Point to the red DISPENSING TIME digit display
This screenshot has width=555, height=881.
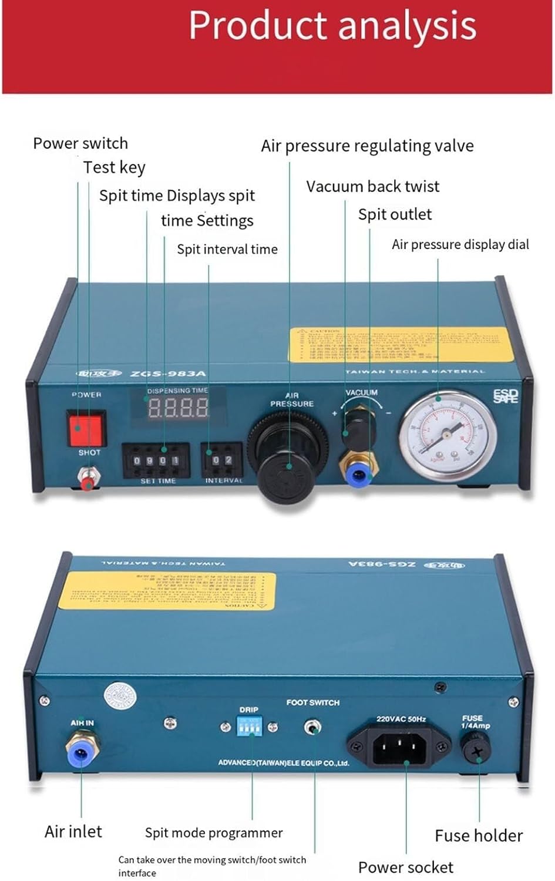point(178,407)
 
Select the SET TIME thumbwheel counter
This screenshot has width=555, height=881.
point(156,460)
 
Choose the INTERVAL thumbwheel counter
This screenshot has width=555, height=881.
point(221,460)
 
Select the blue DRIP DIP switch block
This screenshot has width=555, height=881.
point(249,727)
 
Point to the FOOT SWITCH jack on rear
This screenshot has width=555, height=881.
point(313,728)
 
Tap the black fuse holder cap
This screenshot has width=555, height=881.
point(476,750)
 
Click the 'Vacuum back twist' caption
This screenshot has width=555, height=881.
point(372,186)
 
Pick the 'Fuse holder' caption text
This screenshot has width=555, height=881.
point(479,835)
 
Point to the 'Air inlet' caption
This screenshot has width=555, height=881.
point(73,831)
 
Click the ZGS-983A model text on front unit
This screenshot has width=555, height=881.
point(168,374)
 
